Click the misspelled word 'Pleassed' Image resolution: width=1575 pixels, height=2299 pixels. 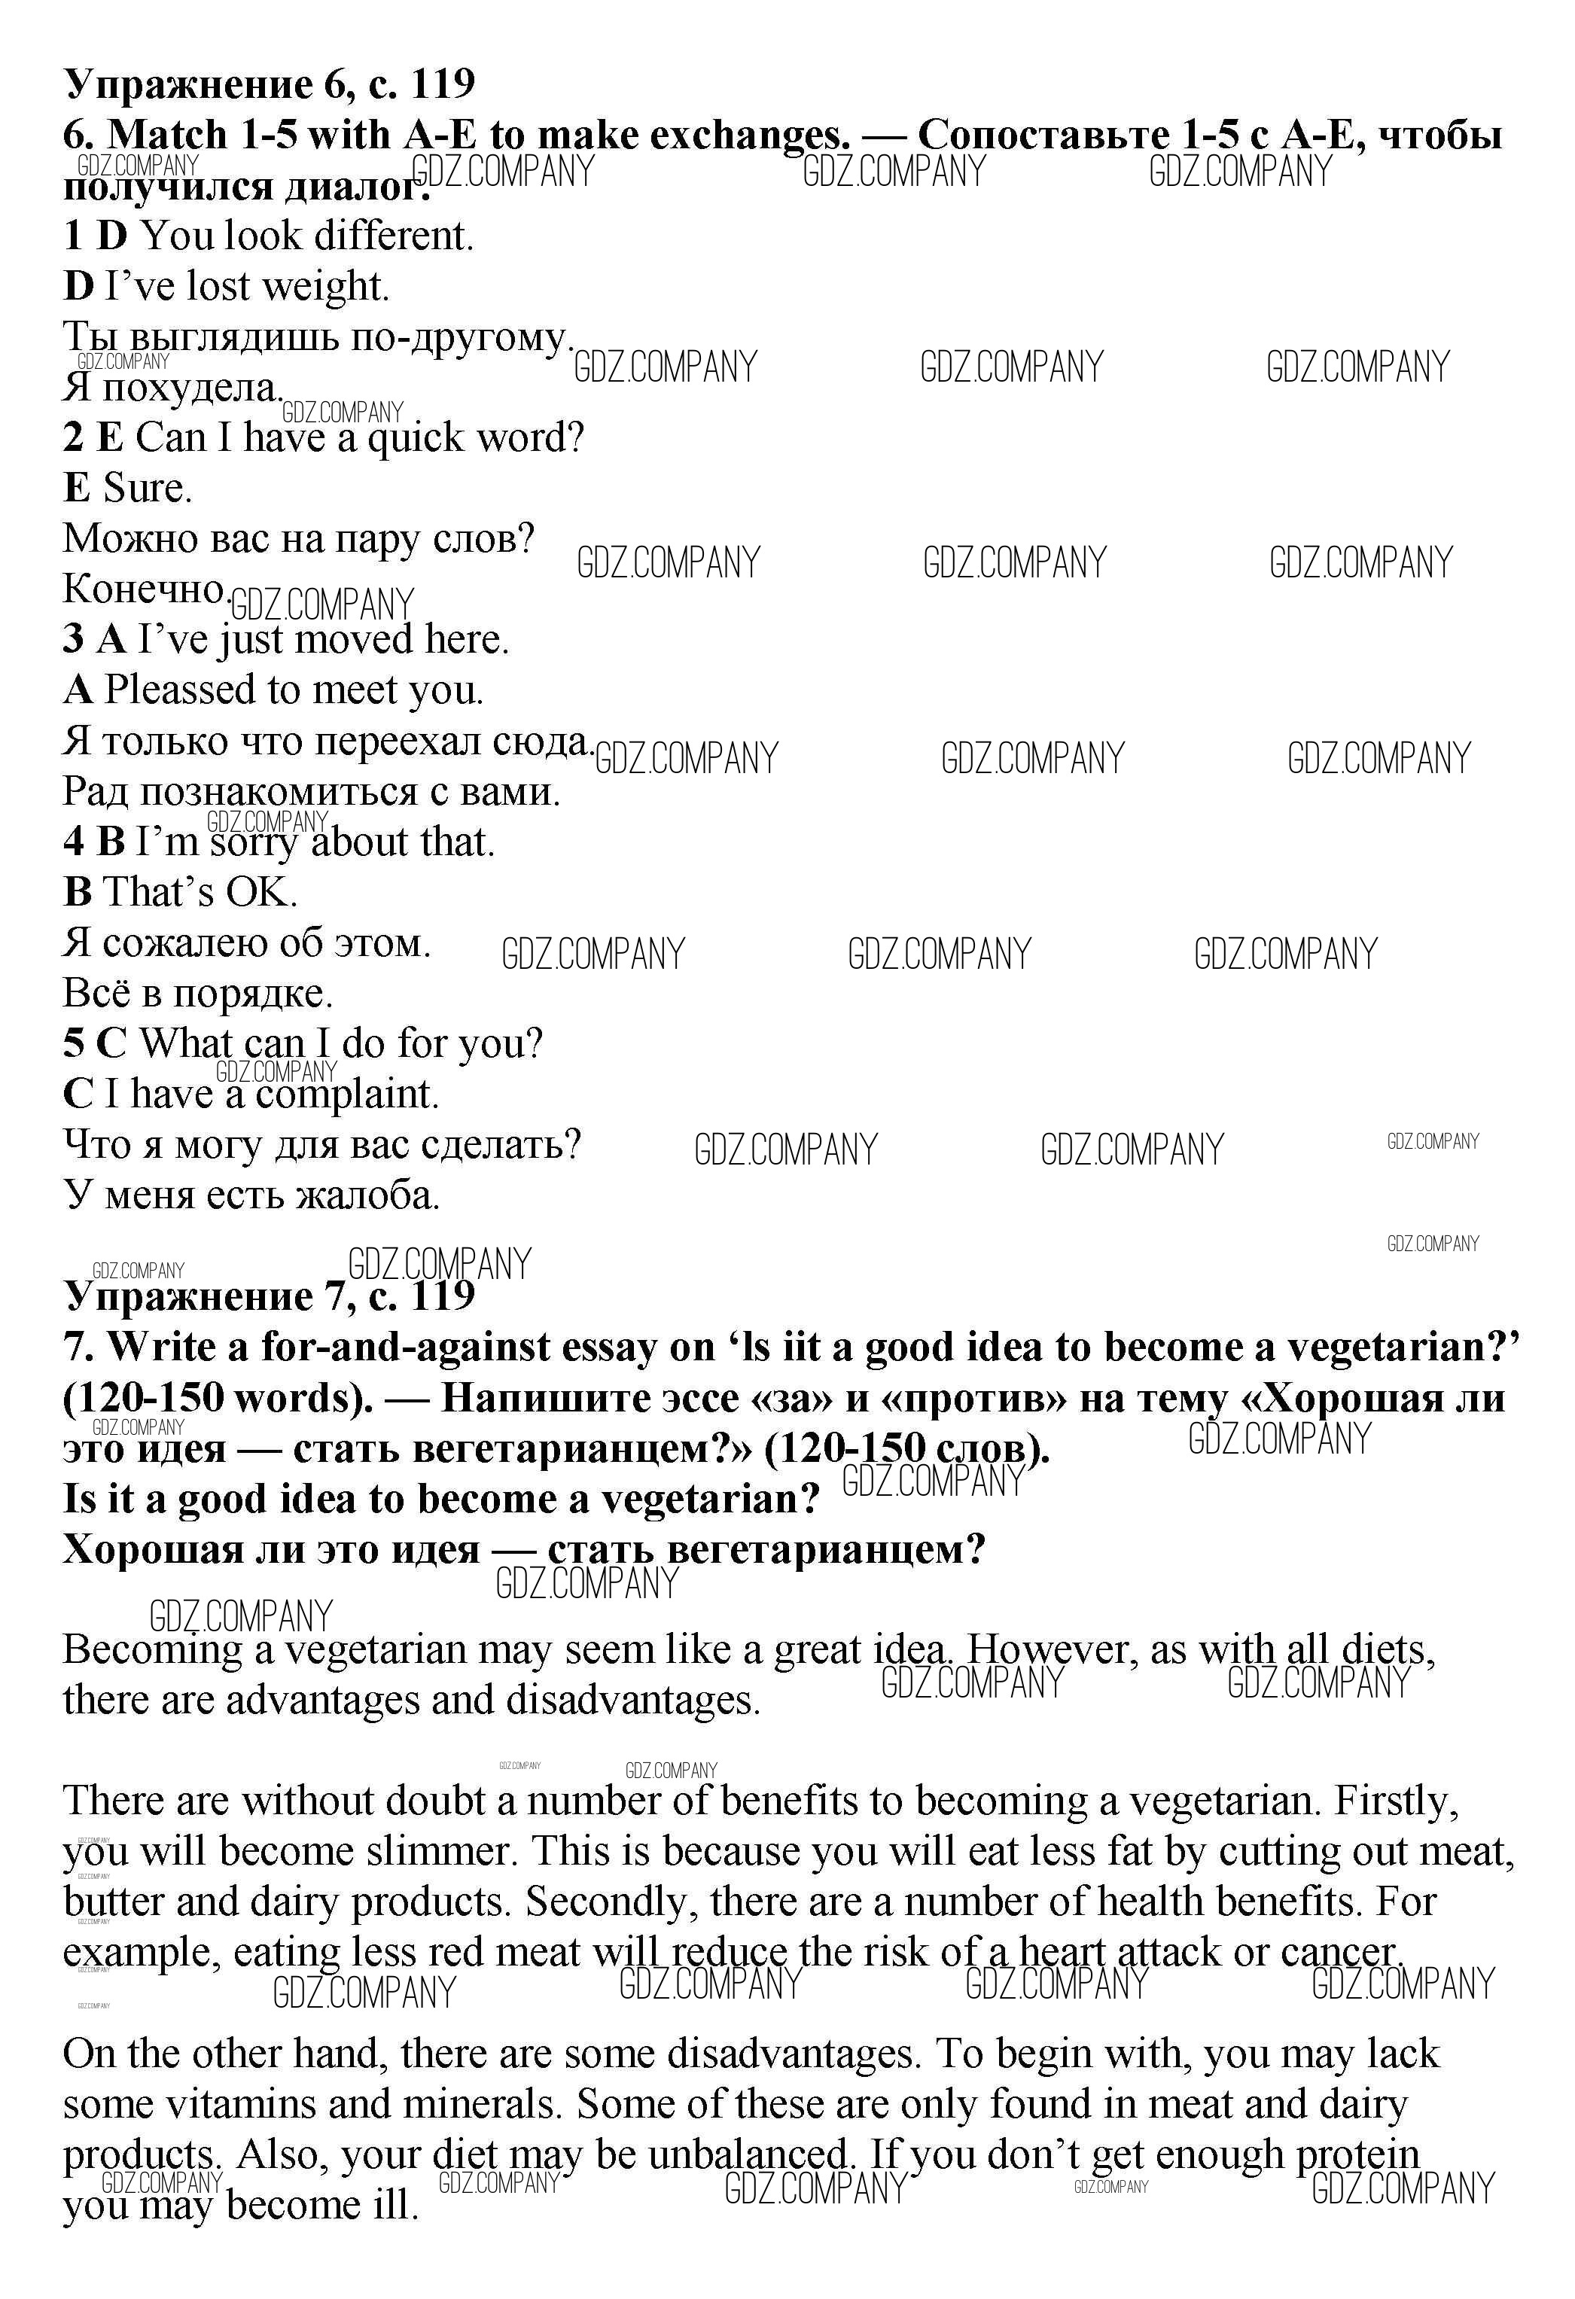pyautogui.click(x=180, y=690)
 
